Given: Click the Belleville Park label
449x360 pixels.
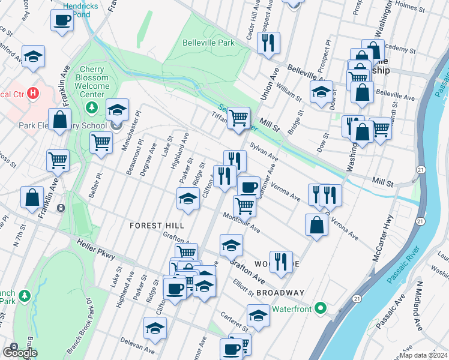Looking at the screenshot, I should click(208, 43).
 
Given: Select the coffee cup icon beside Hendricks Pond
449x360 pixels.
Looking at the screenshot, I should click(62, 22).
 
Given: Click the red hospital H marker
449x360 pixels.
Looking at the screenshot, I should click(33, 94).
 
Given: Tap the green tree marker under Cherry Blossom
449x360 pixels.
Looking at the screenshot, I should click(92, 108).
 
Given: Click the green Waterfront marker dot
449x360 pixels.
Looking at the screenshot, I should click(321, 309).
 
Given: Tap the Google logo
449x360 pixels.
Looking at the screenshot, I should click(19, 353).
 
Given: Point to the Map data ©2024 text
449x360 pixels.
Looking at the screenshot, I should click(422, 355).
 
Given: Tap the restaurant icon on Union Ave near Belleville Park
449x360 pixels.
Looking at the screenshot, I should click(267, 43).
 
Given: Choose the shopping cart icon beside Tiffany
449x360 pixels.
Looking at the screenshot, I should click(238, 117).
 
